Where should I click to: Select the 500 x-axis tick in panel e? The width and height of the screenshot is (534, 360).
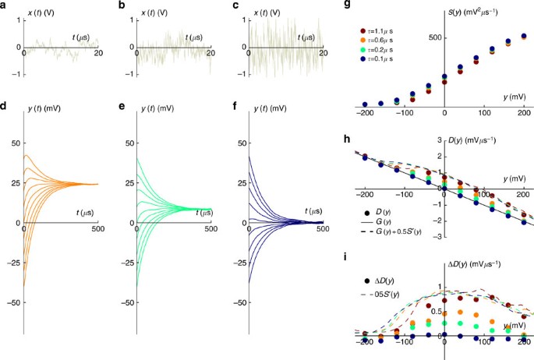[x=210, y=230]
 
